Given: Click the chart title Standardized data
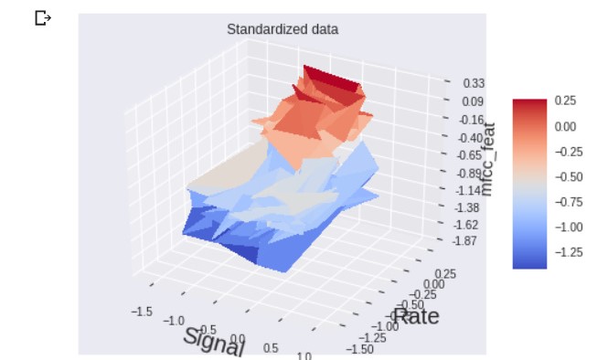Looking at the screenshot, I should click(283, 29).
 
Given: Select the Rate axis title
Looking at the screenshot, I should click(416, 316).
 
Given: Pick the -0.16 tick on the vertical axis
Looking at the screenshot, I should click(472, 120).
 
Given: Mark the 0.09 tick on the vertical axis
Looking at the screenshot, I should click(473, 101).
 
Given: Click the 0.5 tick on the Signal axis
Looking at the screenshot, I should click(271, 348).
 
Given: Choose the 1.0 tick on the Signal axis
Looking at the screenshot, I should click(304, 355).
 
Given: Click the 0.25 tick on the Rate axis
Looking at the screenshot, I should click(445, 273).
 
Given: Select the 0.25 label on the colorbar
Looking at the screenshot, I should click(566, 102).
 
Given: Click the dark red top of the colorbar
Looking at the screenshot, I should click(529, 103).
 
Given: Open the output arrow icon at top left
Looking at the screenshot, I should click(42, 17).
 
